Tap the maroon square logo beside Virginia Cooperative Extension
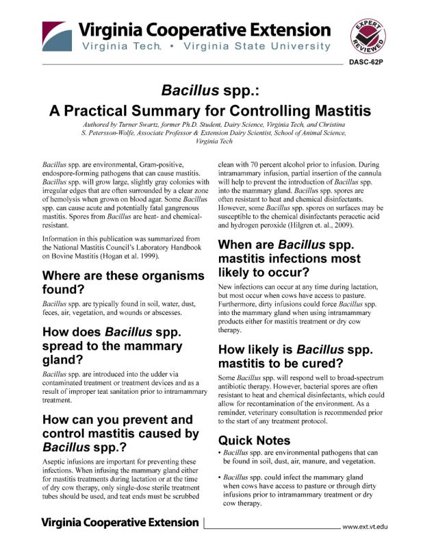55,37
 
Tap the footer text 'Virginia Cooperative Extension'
120,523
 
